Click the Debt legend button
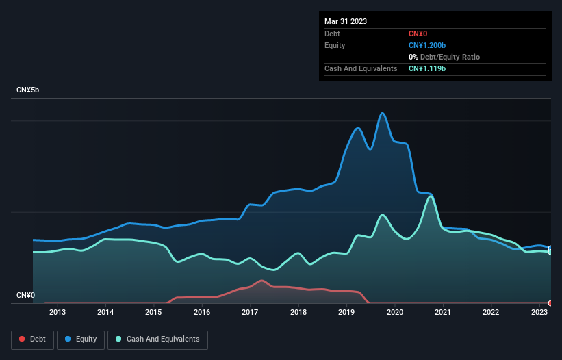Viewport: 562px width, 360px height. pyautogui.click(x=31, y=339)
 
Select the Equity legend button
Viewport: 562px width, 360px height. pyautogui.click(x=81, y=339)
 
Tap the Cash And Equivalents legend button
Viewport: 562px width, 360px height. pyautogui.click(x=157, y=339)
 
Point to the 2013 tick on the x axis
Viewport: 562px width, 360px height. pyautogui.click(x=58, y=313)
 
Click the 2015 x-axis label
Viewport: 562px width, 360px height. pyautogui.click(x=153, y=313)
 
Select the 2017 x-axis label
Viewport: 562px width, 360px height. pyautogui.click(x=250, y=313)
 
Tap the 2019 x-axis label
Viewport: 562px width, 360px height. pyautogui.click(x=346, y=313)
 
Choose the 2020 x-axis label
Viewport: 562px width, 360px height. pyautogui.click(x=395, y=313)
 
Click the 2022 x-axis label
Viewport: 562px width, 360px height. pyautogui.click(x=491, y=313)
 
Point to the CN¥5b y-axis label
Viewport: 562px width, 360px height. pyautogui.click(x=29, y=90)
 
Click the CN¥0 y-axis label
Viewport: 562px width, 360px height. pyautogui.click(x=25, y=296)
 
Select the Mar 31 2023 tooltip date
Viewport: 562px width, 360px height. pyautogui.click(x=346, y=21)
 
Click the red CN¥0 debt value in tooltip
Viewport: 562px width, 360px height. pyautogui.click(x=419, y=34)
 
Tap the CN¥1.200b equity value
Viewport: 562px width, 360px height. pyautogui.click(x=426, y=45)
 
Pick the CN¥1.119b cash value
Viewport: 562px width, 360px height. pyautogui.click(x=426, y=68)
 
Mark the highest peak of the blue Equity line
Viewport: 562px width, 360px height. pyautogui.click(x=383, y=114)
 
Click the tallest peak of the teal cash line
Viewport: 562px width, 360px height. pyautogui.click(x=430, y=196)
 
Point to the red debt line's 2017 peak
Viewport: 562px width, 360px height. pyautogui.click(x=261, y=280)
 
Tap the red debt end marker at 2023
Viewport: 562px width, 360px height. pyautogui.click(x=550, y=303)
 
